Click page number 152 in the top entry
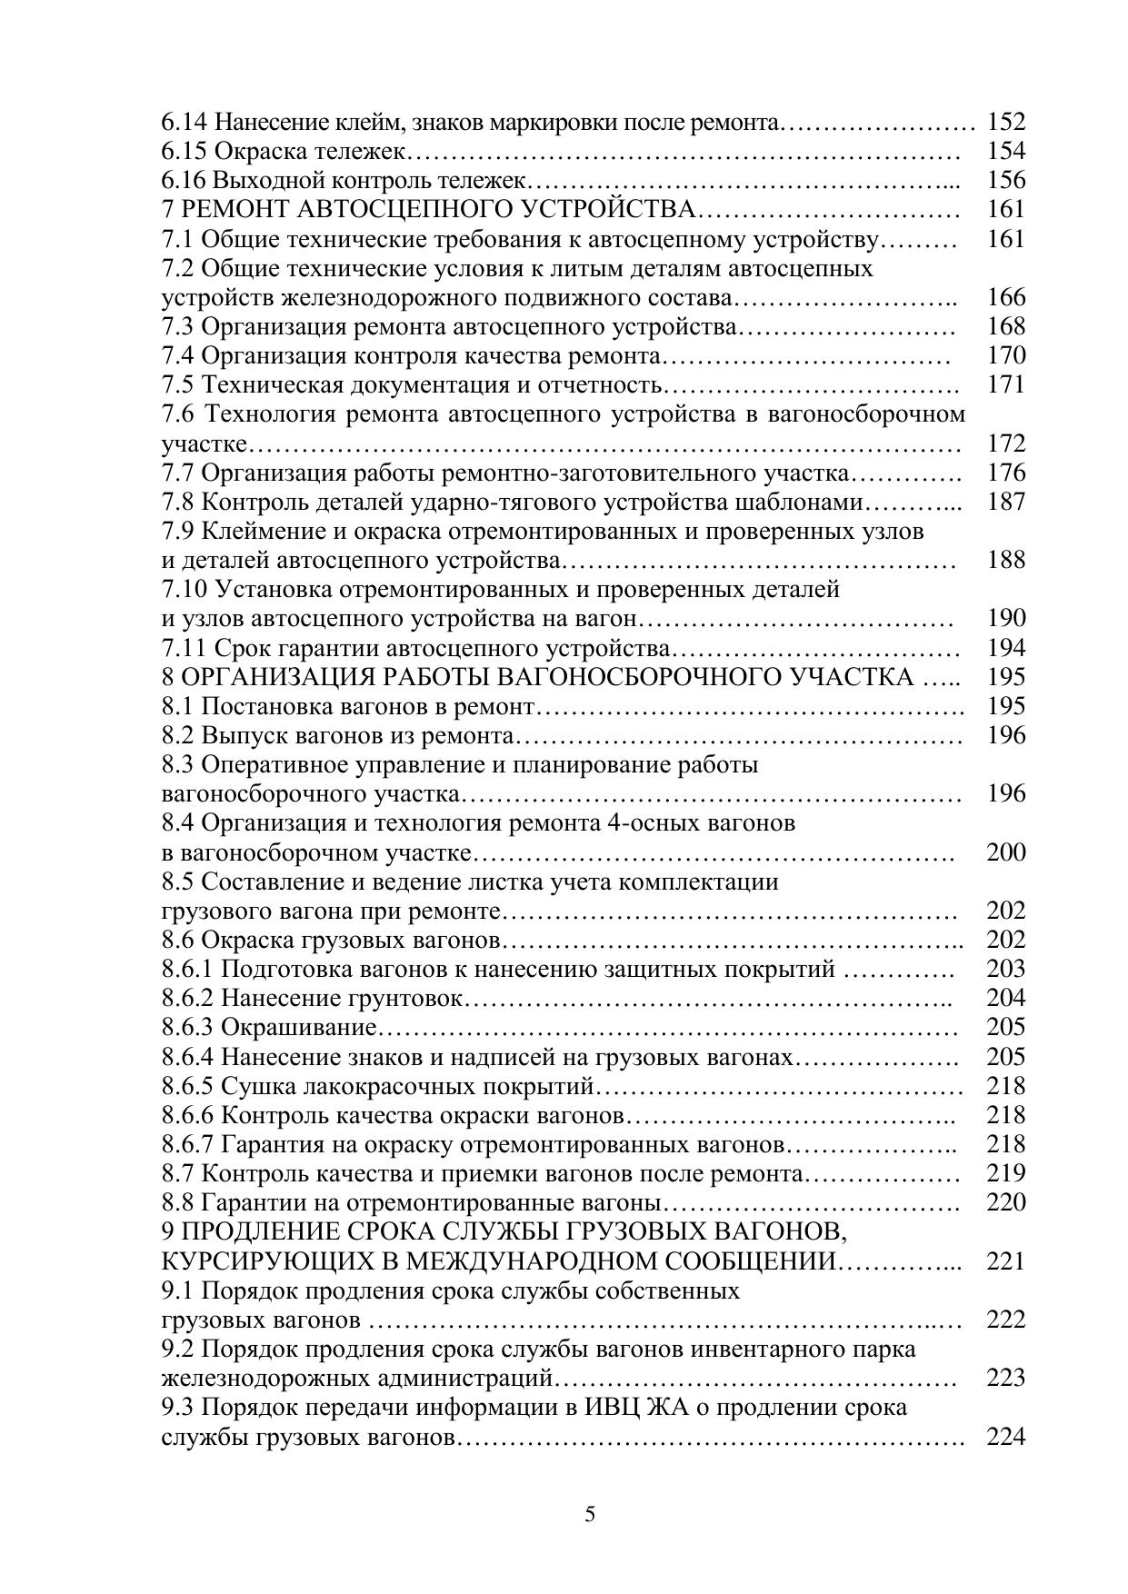pyautogui.click(x=1005, y=122)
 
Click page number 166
pyautogui.click(x=1005, y=297)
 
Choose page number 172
pyautogui.click(x=1005, y=443)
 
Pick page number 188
pyautogui.click(x=1005, y=560)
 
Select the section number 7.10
pyautogui.click(x=185, y=590)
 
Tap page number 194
pyautogui.click(x=1005, y=648)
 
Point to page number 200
pyautogui.click(x=1005, y=852)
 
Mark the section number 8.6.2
pyautogui.click(x=187, y=999)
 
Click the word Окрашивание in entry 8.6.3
pyautogui.click(x=299, y=1028)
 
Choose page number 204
pyautogui.click(x=1005, y=999)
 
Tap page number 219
pyautogui.click(x=1005, y=1174)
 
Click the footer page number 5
pyautogui.click(x=590, y=1515)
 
